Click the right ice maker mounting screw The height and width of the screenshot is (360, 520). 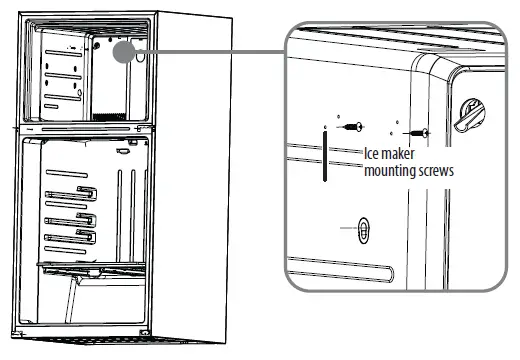[x=423, y=132]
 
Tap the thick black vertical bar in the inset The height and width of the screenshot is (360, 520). [x=325, y=155]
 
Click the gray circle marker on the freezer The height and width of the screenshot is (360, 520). [x=125, y=53]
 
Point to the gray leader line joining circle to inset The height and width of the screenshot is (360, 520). [x=210, y=53]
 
